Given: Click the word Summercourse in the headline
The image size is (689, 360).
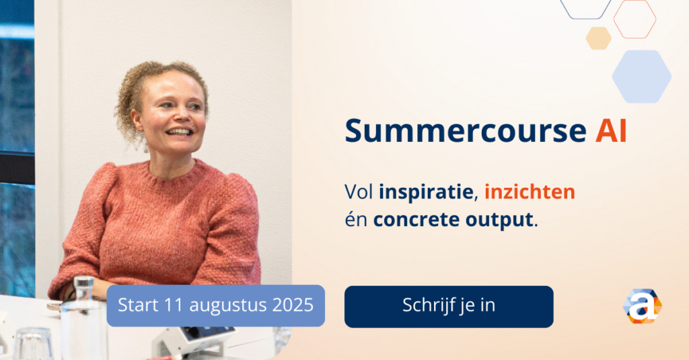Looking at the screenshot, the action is tap(466, 131).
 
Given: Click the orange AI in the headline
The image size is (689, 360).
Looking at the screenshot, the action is tap(611, 131).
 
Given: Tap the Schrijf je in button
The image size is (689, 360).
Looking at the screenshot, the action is tap(449, 306).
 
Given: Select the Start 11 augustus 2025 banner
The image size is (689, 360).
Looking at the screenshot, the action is tap(216, 305).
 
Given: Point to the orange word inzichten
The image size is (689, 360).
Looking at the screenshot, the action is tap(530, 192).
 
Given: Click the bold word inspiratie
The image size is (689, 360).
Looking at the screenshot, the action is tap(426, 192).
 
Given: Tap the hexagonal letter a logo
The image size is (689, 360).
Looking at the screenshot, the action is tap(643, 306).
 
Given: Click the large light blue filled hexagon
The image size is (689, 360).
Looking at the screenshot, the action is tap(641, 77).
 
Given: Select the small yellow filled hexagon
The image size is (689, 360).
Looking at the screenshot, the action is tap(598, 38).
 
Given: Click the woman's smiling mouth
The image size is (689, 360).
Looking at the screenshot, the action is tap(179, 131).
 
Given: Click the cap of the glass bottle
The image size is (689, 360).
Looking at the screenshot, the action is tap(83, 283).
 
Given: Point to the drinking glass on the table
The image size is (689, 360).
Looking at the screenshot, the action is tap(33, 343).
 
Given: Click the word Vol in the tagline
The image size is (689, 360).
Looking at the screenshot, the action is tap(359, 192).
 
